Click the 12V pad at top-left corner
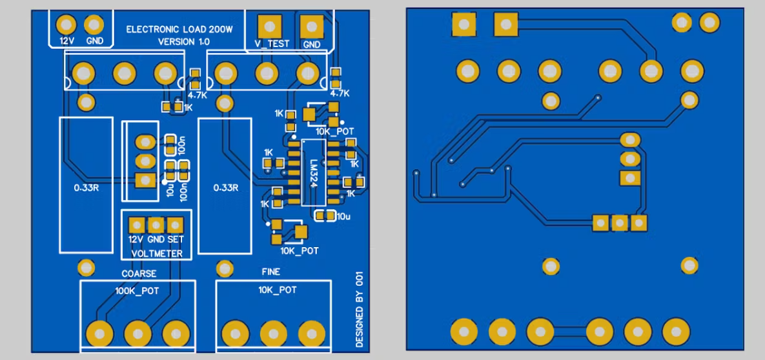pos(66,25)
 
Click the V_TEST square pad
pos(269,27)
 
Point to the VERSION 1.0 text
pos(184,41)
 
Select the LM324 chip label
pos(313,173)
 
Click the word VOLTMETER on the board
pos(156,254)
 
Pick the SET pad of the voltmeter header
pos(175,225)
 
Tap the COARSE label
pos(139,274)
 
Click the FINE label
pos(271,272)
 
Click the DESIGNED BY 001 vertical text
pos(360,309)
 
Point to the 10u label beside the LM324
pos(343,215)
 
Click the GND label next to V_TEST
pos(312,45)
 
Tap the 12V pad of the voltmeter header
pos(136,225)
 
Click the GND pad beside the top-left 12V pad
pos(94,25)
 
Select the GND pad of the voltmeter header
pos(156,225)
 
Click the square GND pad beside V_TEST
pos(312,27)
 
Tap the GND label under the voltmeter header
pos(156,239)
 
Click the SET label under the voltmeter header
pos(176,239)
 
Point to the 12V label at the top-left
pos(68,40)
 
